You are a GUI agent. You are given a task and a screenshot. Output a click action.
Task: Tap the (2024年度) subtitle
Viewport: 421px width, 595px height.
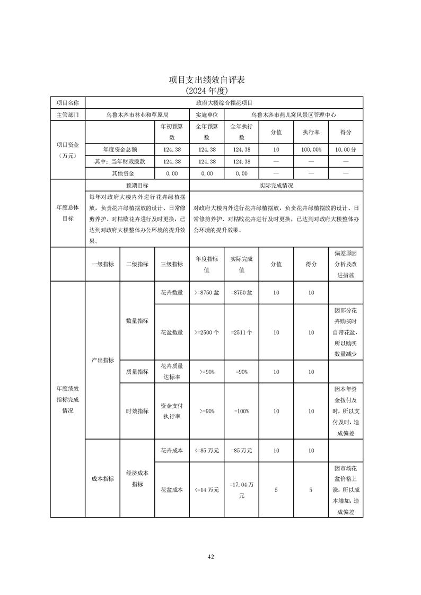(210, 90)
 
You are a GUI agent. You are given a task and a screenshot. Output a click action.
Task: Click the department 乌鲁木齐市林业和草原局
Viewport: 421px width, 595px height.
(137, 114)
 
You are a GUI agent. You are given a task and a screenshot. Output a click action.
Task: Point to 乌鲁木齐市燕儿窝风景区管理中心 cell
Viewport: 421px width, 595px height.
(293, 114)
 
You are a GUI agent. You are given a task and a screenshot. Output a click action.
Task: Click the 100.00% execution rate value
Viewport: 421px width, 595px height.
(311, 150)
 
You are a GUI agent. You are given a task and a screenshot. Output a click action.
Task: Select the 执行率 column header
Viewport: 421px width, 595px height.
(311, 132)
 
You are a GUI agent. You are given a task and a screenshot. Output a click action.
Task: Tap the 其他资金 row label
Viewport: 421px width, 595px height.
(120, 173)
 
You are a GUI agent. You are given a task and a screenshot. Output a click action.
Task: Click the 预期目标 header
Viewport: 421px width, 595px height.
(137, 186)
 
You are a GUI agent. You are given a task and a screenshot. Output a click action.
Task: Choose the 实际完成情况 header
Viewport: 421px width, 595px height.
(276, 186)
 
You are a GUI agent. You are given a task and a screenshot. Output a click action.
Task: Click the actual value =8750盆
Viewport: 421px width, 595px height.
(241, 292)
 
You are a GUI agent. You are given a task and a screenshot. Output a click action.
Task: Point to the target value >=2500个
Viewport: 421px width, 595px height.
(207, 332)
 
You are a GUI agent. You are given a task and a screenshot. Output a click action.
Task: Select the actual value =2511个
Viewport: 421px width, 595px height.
(241, 332)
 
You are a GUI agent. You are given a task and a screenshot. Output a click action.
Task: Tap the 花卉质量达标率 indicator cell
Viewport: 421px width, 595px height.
(172, 372)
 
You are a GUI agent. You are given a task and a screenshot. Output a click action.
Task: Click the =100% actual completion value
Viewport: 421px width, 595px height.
(241, 411)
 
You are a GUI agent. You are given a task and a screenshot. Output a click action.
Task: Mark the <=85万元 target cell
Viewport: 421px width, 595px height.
(207, 450)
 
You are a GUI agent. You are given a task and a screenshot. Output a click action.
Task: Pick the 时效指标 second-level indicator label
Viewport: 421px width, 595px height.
(137, 411)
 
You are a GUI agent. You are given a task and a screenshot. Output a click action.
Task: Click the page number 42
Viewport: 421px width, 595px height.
(210, 556)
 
